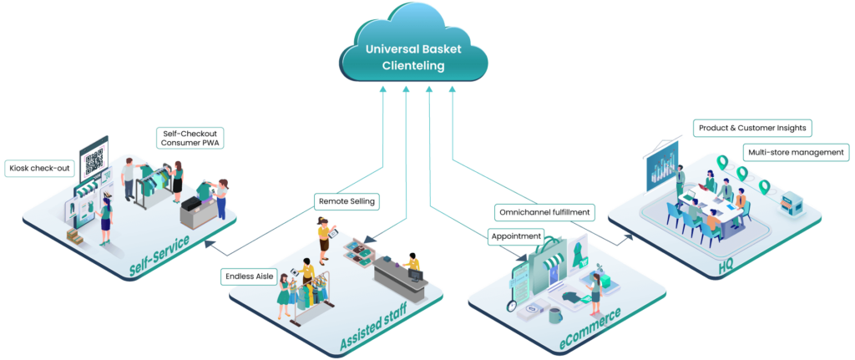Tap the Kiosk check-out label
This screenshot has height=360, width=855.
click(x=40, y=169)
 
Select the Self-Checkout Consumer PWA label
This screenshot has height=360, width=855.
click(x=191, y=138)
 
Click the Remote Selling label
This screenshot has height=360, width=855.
click(x=347, y=200)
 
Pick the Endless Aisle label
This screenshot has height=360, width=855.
click(x=250, y=276)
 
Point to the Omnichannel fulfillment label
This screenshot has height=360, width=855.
click(x=544, y=212)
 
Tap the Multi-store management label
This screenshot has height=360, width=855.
click(x=793, y=153)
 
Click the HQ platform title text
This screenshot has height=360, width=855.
click(x=726, y=266)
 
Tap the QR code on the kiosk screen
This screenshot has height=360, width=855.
click(x=94, y=159)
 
